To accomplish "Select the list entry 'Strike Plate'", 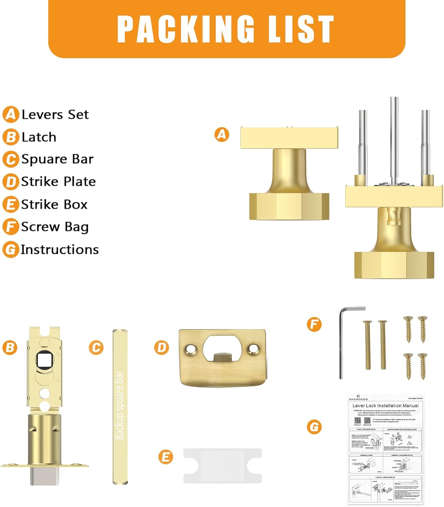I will (58, 182).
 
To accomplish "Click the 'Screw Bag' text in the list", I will (55, 227).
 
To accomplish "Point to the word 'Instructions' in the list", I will (60, 249).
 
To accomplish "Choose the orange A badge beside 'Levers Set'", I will (11, 115).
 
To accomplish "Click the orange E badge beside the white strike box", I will (166, 457).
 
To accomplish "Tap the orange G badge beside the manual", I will (314, 427).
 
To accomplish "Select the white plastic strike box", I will (223, 465).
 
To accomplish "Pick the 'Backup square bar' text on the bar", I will (120, 405).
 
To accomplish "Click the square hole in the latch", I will (44, 360).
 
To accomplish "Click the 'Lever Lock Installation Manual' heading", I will (385, 406).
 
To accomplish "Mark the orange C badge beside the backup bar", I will (96, 347).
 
